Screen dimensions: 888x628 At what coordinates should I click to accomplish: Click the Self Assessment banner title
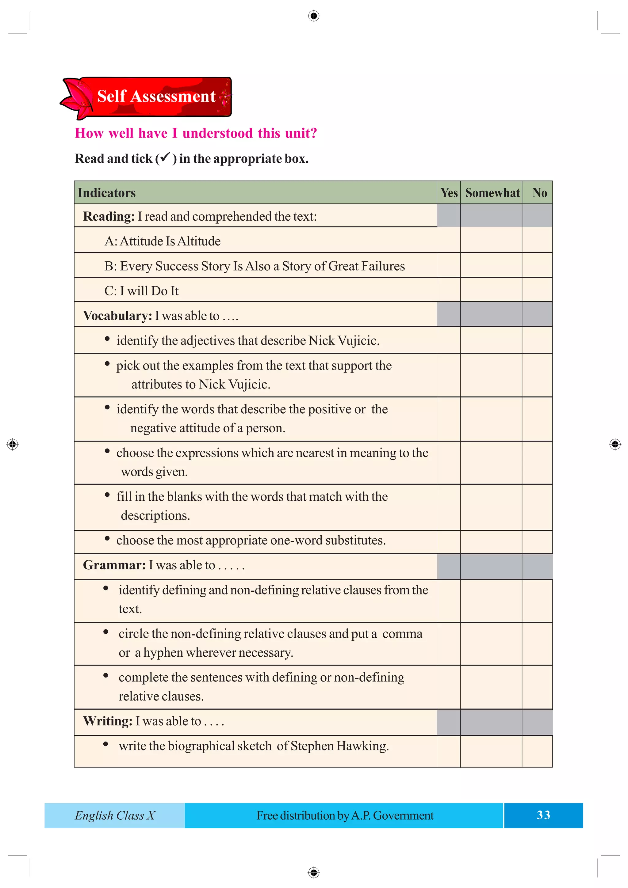(156, 96)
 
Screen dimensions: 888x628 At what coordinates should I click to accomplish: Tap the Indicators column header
(106, 193)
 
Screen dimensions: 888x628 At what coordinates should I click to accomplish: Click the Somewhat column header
(492, 193)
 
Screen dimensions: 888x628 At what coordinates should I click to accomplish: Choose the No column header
(539, 193)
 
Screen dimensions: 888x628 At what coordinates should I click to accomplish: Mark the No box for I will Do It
(537, 290)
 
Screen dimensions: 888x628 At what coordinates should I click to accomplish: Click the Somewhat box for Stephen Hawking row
(491, 751)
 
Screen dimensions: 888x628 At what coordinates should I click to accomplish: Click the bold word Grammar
(114, 565)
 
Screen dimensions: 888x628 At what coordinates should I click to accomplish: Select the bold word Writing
(108, 721)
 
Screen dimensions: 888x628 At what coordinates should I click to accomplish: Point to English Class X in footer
(115, 815)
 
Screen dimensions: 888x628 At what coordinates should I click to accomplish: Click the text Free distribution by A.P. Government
(345, 815)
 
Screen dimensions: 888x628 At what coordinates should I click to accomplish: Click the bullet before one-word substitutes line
(107, 538)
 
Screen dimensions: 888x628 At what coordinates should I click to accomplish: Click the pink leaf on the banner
(77, 99)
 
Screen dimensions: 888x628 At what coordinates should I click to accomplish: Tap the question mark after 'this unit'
(313, 133)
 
